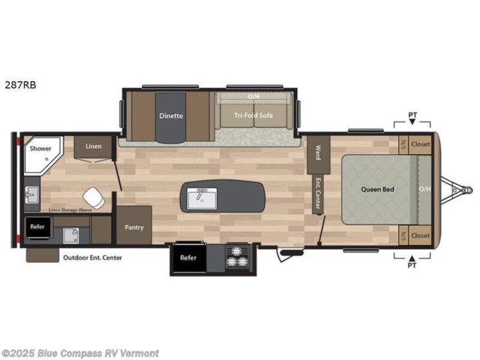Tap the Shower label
click(x=39, y=148)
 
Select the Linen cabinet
click(x=94, y=147)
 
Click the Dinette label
click(x=171, y=116)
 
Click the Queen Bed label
click(x=377, y=189)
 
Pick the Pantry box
click(x=134, y=228)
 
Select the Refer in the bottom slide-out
click(x=189, y=258)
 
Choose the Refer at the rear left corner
click(x=37, y=227)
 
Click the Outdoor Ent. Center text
click(x=92, y=258)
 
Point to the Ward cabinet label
click(x=318, y=152)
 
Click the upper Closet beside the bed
click(x=420, y=143)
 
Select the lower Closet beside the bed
click(x=420, y=235)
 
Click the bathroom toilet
click(x=94, y=197)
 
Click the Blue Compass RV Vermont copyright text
click(x=80, y=353)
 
